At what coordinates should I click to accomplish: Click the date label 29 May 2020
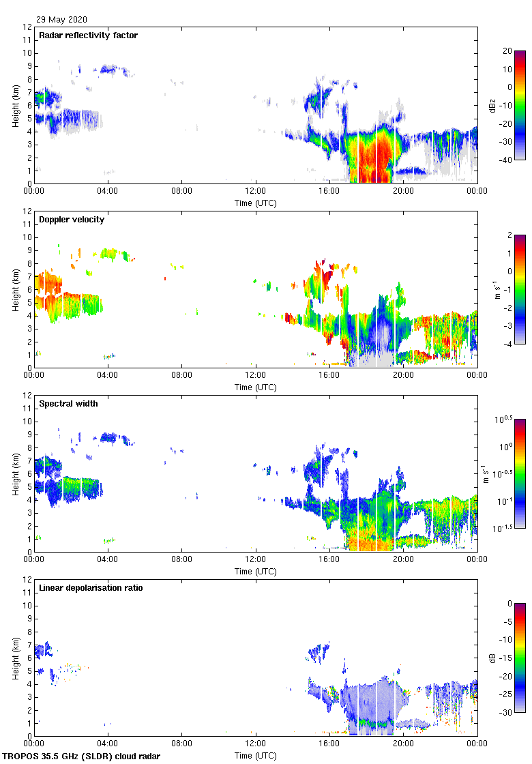tap(61, 20)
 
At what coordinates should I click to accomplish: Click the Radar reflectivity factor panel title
tap(88, 35)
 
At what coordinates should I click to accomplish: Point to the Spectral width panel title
tap(68, 404)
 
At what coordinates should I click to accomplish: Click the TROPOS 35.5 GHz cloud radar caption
tap(82, 756)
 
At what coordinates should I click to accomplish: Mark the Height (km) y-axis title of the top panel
tap(14, 105)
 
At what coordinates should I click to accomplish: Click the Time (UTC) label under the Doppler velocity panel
tap(256, 387)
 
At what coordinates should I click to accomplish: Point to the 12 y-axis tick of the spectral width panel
tap(27, 396)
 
